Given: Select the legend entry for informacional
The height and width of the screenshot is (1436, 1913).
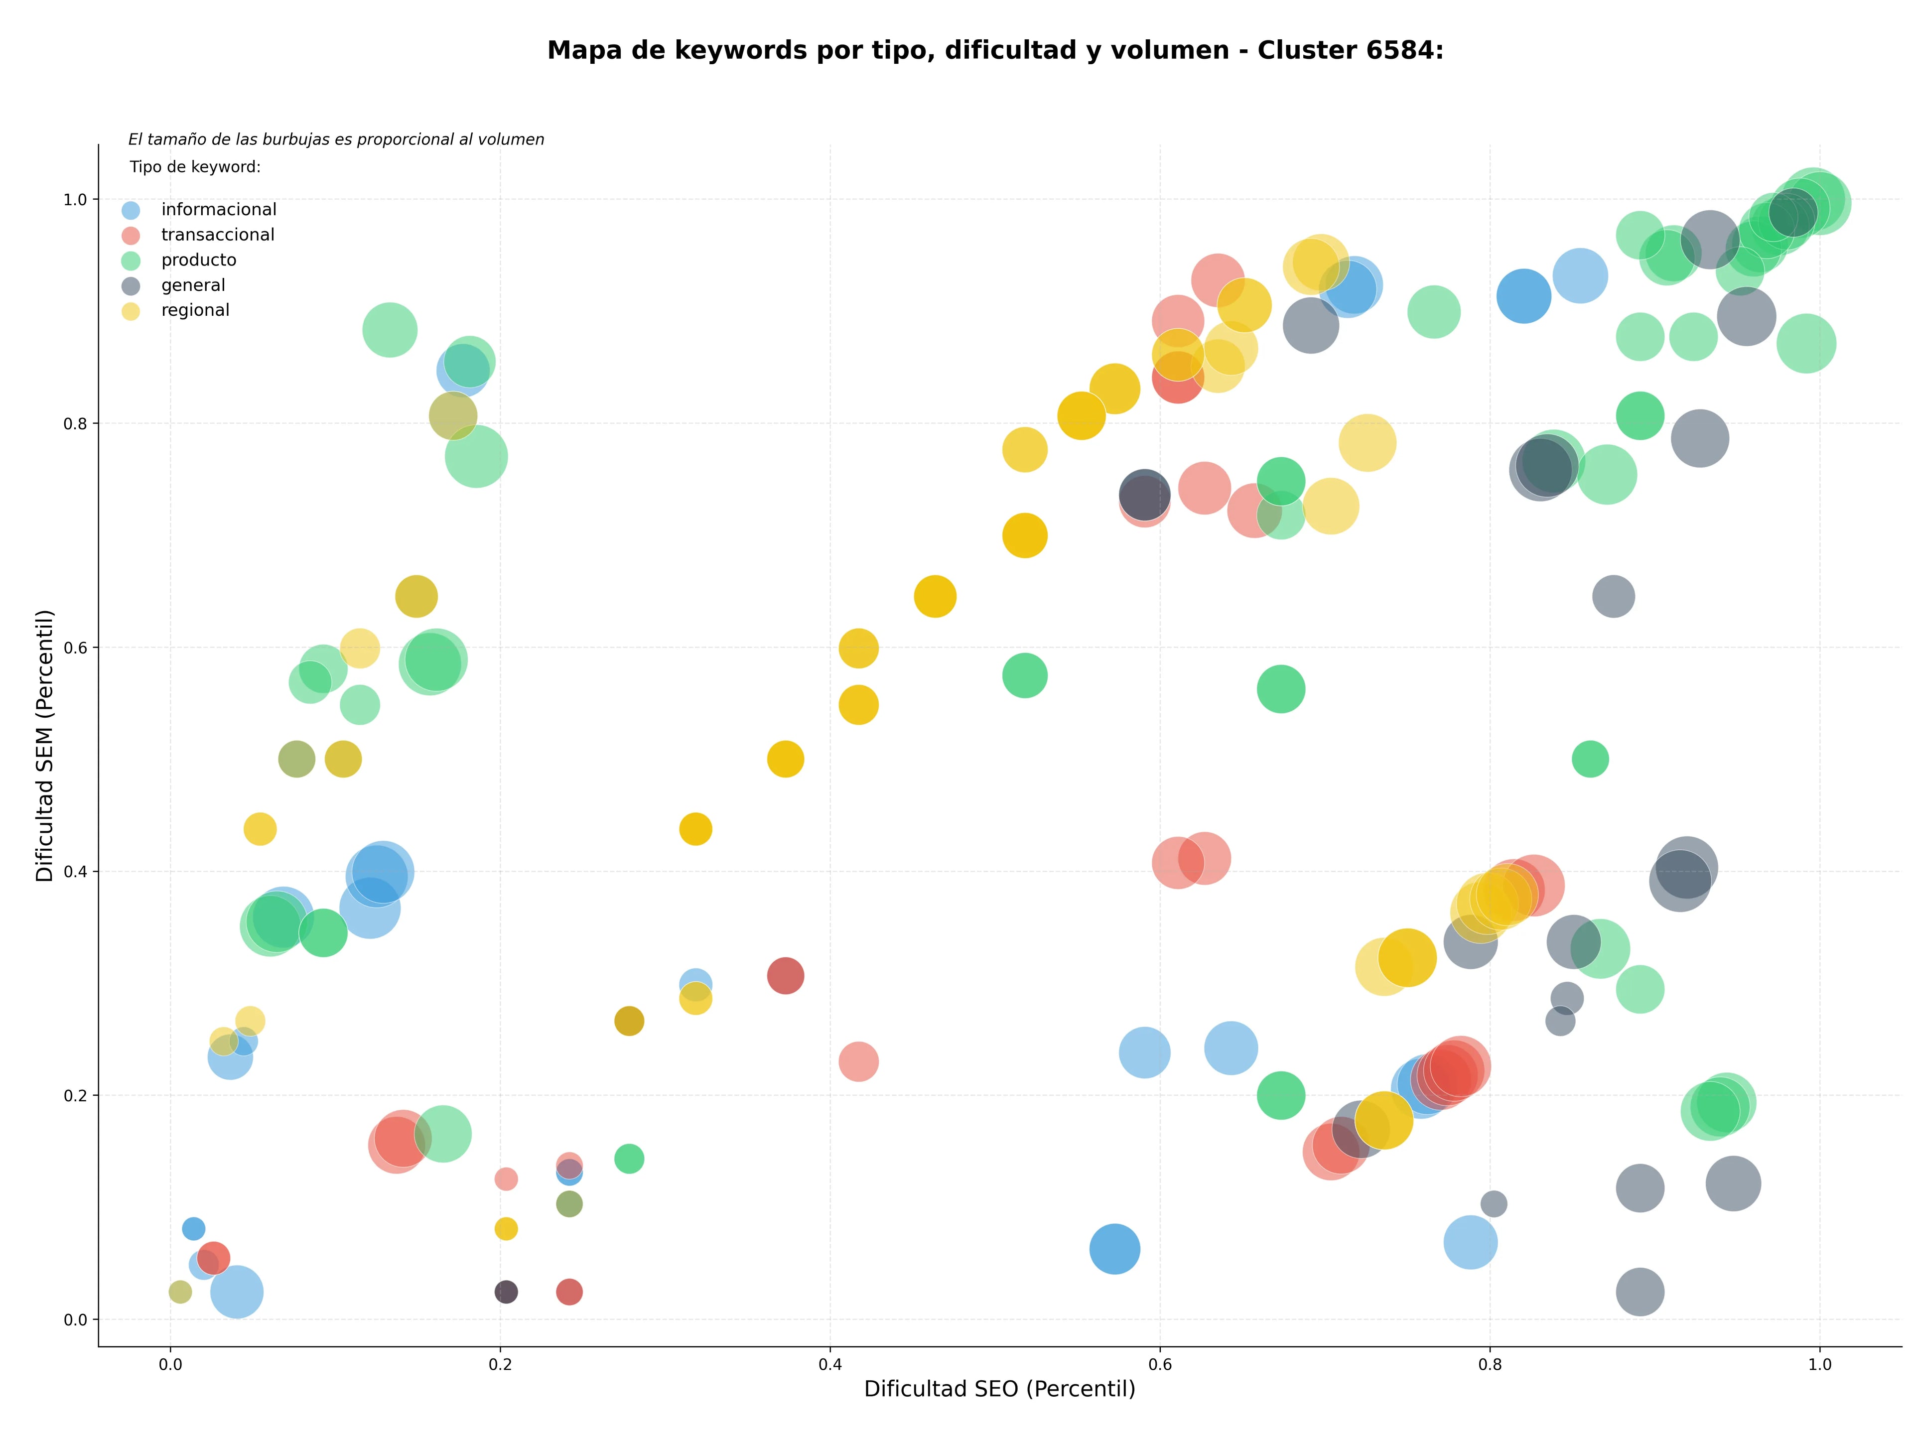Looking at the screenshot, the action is (x=199, y=210).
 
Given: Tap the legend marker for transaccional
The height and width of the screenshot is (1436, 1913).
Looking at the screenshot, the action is (x=131, y=235).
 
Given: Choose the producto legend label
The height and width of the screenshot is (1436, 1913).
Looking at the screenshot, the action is (x=199, y=260).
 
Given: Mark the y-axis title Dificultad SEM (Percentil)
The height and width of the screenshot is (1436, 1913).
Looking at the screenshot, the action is (x=45, y=745).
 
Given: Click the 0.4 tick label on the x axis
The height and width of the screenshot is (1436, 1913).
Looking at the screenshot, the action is (x=830, y=1364).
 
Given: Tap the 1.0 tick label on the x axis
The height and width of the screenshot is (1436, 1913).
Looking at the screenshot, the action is (x=1820, y=1364).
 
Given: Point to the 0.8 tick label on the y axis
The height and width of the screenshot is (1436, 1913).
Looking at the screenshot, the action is (x=76, y=423).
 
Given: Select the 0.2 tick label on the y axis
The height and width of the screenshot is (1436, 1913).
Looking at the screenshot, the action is (x=76, y=1095).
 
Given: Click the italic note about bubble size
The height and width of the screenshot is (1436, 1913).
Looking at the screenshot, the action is (x=336, y=139).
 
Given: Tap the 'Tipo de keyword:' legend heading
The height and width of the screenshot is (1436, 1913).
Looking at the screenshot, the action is (x=195, y=167).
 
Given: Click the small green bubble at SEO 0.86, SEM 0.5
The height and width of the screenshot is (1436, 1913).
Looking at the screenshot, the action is (x=1590, y=759).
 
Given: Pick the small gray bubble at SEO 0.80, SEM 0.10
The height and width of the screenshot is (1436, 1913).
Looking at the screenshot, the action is (x=1494, y=1203).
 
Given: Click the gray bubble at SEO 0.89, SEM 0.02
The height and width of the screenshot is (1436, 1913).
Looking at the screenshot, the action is (x=1640, y=1292).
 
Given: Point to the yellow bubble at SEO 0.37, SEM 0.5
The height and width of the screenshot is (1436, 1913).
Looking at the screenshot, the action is (x=785, y=759).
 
